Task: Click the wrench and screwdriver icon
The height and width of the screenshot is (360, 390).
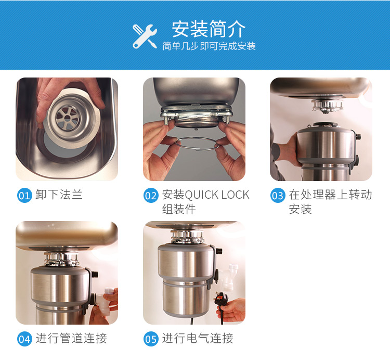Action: click(x=145, y=36)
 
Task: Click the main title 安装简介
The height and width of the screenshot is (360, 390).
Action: click(x=209, y=29)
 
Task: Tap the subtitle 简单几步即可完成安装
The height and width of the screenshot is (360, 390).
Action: click(x=209, y=46)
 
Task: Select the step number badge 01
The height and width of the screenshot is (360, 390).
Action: click(x=24, y=195)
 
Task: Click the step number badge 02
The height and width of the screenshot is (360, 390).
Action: click(x=151, y=195)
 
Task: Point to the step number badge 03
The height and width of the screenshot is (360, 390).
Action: click(x=278, y=195)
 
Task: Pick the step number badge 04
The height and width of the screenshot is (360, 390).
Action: click(x=24, y=339)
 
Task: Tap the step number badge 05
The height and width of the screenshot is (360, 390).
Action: click(x=151, y=339)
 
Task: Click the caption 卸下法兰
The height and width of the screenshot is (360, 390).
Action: click(x=59, y=195)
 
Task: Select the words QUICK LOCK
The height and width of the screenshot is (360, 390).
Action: click(x=217, y=195)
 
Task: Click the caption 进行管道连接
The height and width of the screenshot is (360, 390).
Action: click(x=71, y=338)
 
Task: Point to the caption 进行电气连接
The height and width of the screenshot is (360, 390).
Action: click(x=198, y=338)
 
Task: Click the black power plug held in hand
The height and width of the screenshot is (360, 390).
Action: click(x=220, y=299)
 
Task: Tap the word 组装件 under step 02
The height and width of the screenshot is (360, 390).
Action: click(x=179, y=209)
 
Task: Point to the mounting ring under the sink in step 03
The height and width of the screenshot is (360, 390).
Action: click(x=327, y=106)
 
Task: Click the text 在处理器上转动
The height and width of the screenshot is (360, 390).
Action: click(x=330, y=195)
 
